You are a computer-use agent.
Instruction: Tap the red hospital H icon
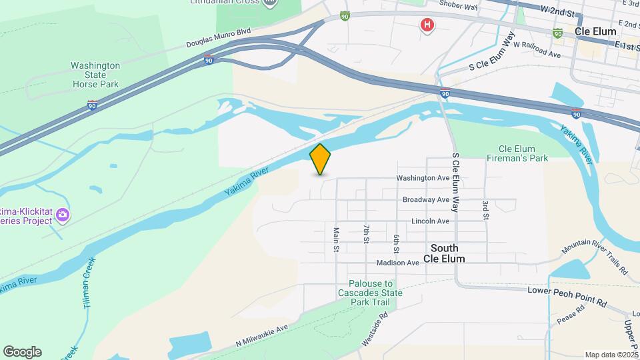click(x=427, y=26)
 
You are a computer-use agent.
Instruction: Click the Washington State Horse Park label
click(x=96, y=75)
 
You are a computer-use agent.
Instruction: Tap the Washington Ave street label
click(x=423, y=178)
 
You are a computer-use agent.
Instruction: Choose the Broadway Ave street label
click(x=425, y=199)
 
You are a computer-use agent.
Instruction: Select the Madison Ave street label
click(x=397, y=263)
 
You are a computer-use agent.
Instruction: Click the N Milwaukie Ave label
click(x=261, y=335)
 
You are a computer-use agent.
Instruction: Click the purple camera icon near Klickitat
click(x=63, y=215)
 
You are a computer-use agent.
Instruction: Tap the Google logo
click(x=22, y=352)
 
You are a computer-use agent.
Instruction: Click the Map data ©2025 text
click(x=611, y=355)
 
